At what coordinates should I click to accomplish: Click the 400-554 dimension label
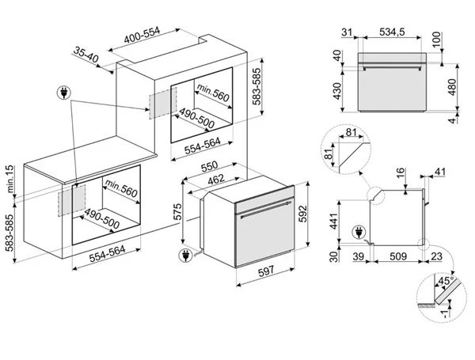(142, 35)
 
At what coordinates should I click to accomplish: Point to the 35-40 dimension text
(86, 55)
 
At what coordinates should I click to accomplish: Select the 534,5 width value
(392, 32)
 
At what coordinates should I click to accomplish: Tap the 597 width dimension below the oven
(266, 271)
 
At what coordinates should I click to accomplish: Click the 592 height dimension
(302, 214)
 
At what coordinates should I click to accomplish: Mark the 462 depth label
(216, 180)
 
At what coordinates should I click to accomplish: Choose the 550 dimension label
(209, 166)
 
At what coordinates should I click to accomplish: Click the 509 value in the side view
(398, 256)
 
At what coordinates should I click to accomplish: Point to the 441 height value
(333, 222)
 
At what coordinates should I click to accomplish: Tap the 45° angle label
(446, 281)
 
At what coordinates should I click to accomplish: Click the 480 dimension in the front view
(452, 87)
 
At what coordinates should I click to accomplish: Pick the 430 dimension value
(337, 91)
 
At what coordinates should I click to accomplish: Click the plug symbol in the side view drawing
(359, 233)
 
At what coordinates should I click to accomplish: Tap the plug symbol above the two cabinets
(64, 93)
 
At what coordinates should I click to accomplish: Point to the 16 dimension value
(401, 172)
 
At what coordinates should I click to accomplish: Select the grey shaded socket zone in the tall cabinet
(162, 103)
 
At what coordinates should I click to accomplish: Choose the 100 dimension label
(437, 40)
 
